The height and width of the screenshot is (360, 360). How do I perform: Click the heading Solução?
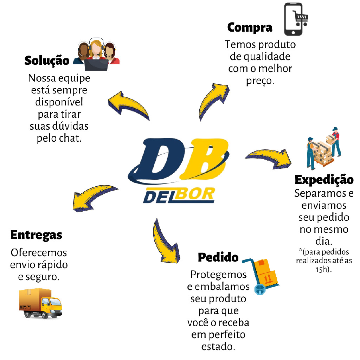[x=47, y=60]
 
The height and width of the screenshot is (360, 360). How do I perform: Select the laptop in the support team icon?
[x=96, y=65]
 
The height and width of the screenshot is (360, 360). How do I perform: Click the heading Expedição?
[x=324, y=179]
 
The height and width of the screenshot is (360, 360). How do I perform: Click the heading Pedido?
[x=218, y=257]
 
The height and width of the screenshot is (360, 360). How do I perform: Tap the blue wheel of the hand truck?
[x=260, y=290]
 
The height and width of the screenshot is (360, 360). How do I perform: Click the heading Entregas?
[x=36, y=235]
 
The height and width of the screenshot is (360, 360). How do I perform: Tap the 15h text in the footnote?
[x=324, y=269]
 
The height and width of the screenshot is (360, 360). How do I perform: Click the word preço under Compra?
[x=260, y=81]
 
